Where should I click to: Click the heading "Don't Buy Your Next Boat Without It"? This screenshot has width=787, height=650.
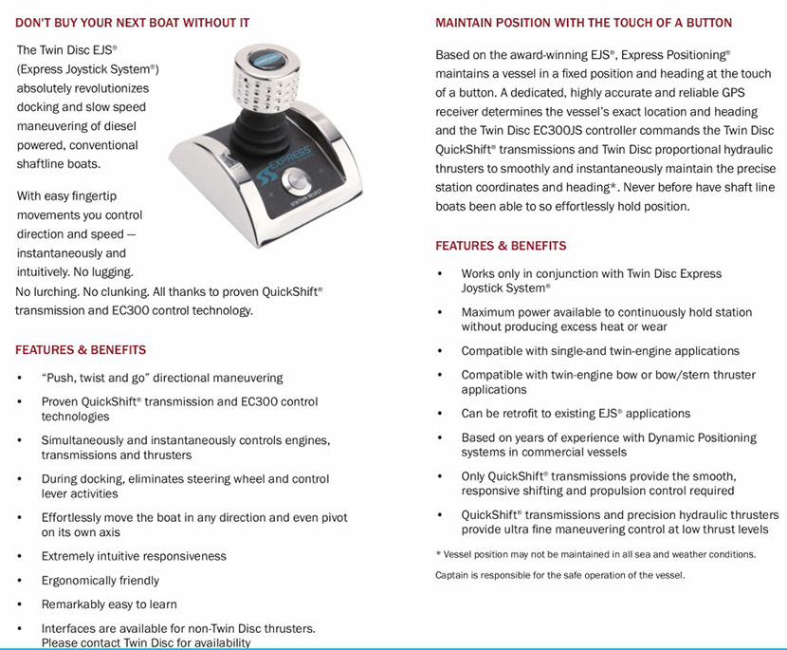[x=134, y=22]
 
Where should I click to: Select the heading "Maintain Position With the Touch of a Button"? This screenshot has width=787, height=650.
[x=583, y=23]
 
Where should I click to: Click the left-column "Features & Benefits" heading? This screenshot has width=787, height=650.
[x=81, y=350]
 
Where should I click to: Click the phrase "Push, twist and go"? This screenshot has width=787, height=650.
[x=99, y=378]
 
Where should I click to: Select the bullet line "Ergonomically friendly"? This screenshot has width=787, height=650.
[x=100, y=580]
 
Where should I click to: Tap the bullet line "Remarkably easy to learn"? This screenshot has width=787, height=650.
[x=109, y=604]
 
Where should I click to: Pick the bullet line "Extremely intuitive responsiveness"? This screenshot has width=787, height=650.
[x=134, y=556]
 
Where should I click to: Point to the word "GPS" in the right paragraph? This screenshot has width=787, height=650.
[x=730, y=94]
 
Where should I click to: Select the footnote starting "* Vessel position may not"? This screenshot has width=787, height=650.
[x=595, y=554]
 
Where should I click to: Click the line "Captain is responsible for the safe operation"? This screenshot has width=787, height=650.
[x=559, y=575]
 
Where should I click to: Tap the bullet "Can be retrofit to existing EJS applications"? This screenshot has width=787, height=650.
[x=576, y=414]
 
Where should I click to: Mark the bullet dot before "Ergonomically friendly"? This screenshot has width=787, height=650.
[x=21, y=581]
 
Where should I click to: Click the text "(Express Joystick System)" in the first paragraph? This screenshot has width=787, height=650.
[x=87, y=69]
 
